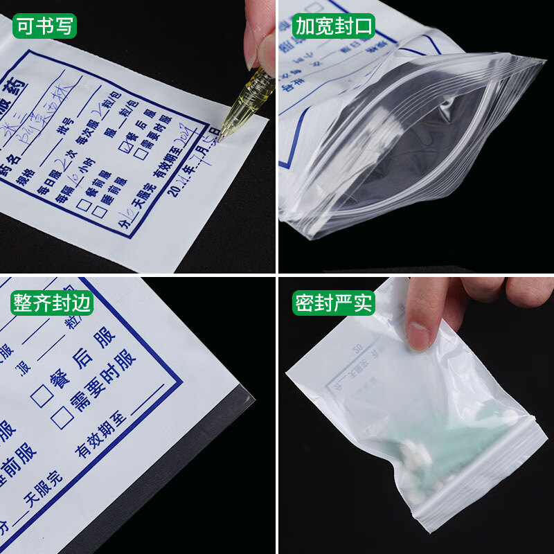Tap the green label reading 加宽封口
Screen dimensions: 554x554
point(334,26)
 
